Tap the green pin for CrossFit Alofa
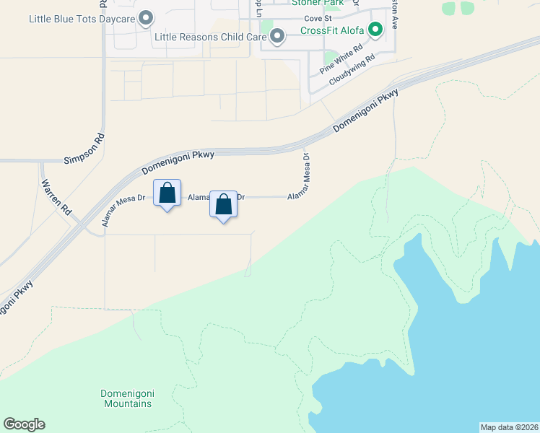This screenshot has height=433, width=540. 375,30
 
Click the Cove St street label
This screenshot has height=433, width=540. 317,17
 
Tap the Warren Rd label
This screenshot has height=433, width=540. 56,196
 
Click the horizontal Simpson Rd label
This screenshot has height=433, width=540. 86,159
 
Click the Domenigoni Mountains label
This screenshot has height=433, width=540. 126,398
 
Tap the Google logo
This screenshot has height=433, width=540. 24,424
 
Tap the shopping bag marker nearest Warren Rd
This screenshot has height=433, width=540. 167,193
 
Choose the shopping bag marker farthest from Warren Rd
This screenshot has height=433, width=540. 223,204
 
